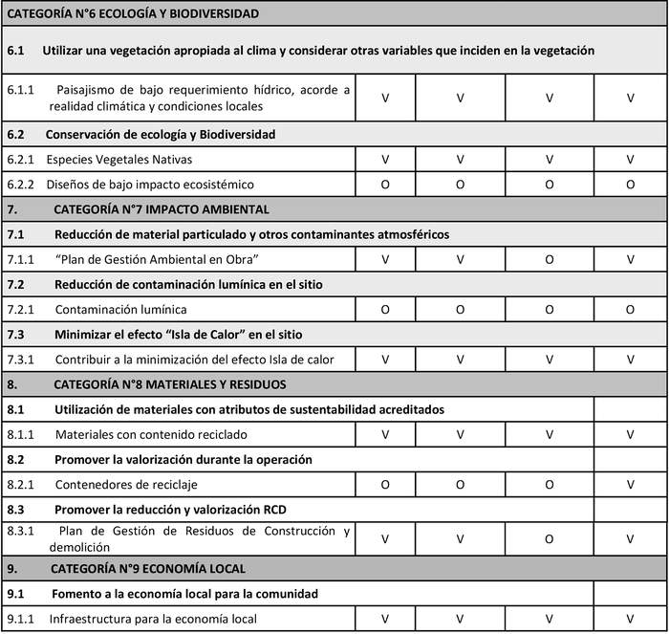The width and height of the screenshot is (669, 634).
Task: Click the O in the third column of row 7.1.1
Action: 550,259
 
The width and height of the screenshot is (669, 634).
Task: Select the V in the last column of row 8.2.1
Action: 630,484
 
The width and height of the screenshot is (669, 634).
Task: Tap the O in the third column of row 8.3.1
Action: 550,538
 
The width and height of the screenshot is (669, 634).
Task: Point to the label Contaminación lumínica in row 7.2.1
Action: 120,309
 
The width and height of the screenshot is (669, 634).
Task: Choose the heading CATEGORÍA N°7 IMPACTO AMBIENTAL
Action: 162,208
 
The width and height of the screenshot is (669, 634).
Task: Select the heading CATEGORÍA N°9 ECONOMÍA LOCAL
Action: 152,568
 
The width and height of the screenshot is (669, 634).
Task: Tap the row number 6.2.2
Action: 20,184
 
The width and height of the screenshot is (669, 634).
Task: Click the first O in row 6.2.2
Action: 385,184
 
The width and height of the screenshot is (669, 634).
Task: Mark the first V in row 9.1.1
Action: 385,619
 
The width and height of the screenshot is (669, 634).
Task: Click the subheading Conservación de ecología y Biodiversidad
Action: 160,134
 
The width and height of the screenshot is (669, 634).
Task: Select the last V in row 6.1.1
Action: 630,98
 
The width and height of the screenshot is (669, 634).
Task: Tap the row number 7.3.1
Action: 20,359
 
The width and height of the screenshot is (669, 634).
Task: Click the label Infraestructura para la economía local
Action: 153,619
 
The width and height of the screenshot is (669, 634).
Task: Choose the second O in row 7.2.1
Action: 460,309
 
